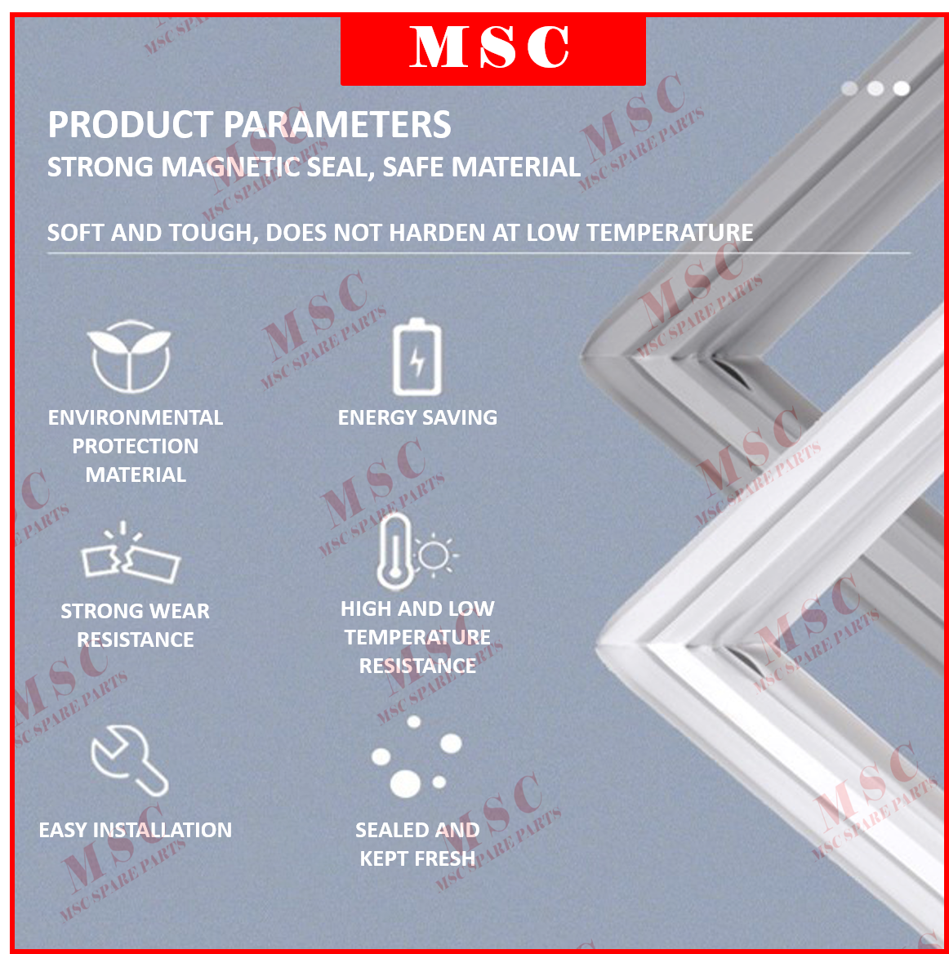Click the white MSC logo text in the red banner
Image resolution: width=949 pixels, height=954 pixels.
[490, 47]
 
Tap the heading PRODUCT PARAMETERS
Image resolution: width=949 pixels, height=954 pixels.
[249, 125]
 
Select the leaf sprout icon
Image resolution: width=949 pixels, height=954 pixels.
[130, 356]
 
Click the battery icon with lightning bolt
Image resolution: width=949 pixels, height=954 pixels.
[417, 358]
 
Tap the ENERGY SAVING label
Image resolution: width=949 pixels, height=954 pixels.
[417, 417]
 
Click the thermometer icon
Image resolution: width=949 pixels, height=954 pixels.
[395, 552]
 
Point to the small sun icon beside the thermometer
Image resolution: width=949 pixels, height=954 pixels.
[434, 555]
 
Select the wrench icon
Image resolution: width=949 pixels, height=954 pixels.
[129, 760]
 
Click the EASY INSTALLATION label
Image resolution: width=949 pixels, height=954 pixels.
[136, 830]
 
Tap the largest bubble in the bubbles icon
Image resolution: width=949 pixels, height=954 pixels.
[405, 782]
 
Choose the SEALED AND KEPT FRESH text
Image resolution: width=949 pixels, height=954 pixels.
[417, 844]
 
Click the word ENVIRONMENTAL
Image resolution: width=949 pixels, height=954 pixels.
[136, 417]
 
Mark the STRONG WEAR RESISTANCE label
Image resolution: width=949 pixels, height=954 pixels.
[136, 625]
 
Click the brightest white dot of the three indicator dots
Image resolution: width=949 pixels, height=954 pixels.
[902, 88]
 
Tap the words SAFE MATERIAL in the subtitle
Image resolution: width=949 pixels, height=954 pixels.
[482, 167]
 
